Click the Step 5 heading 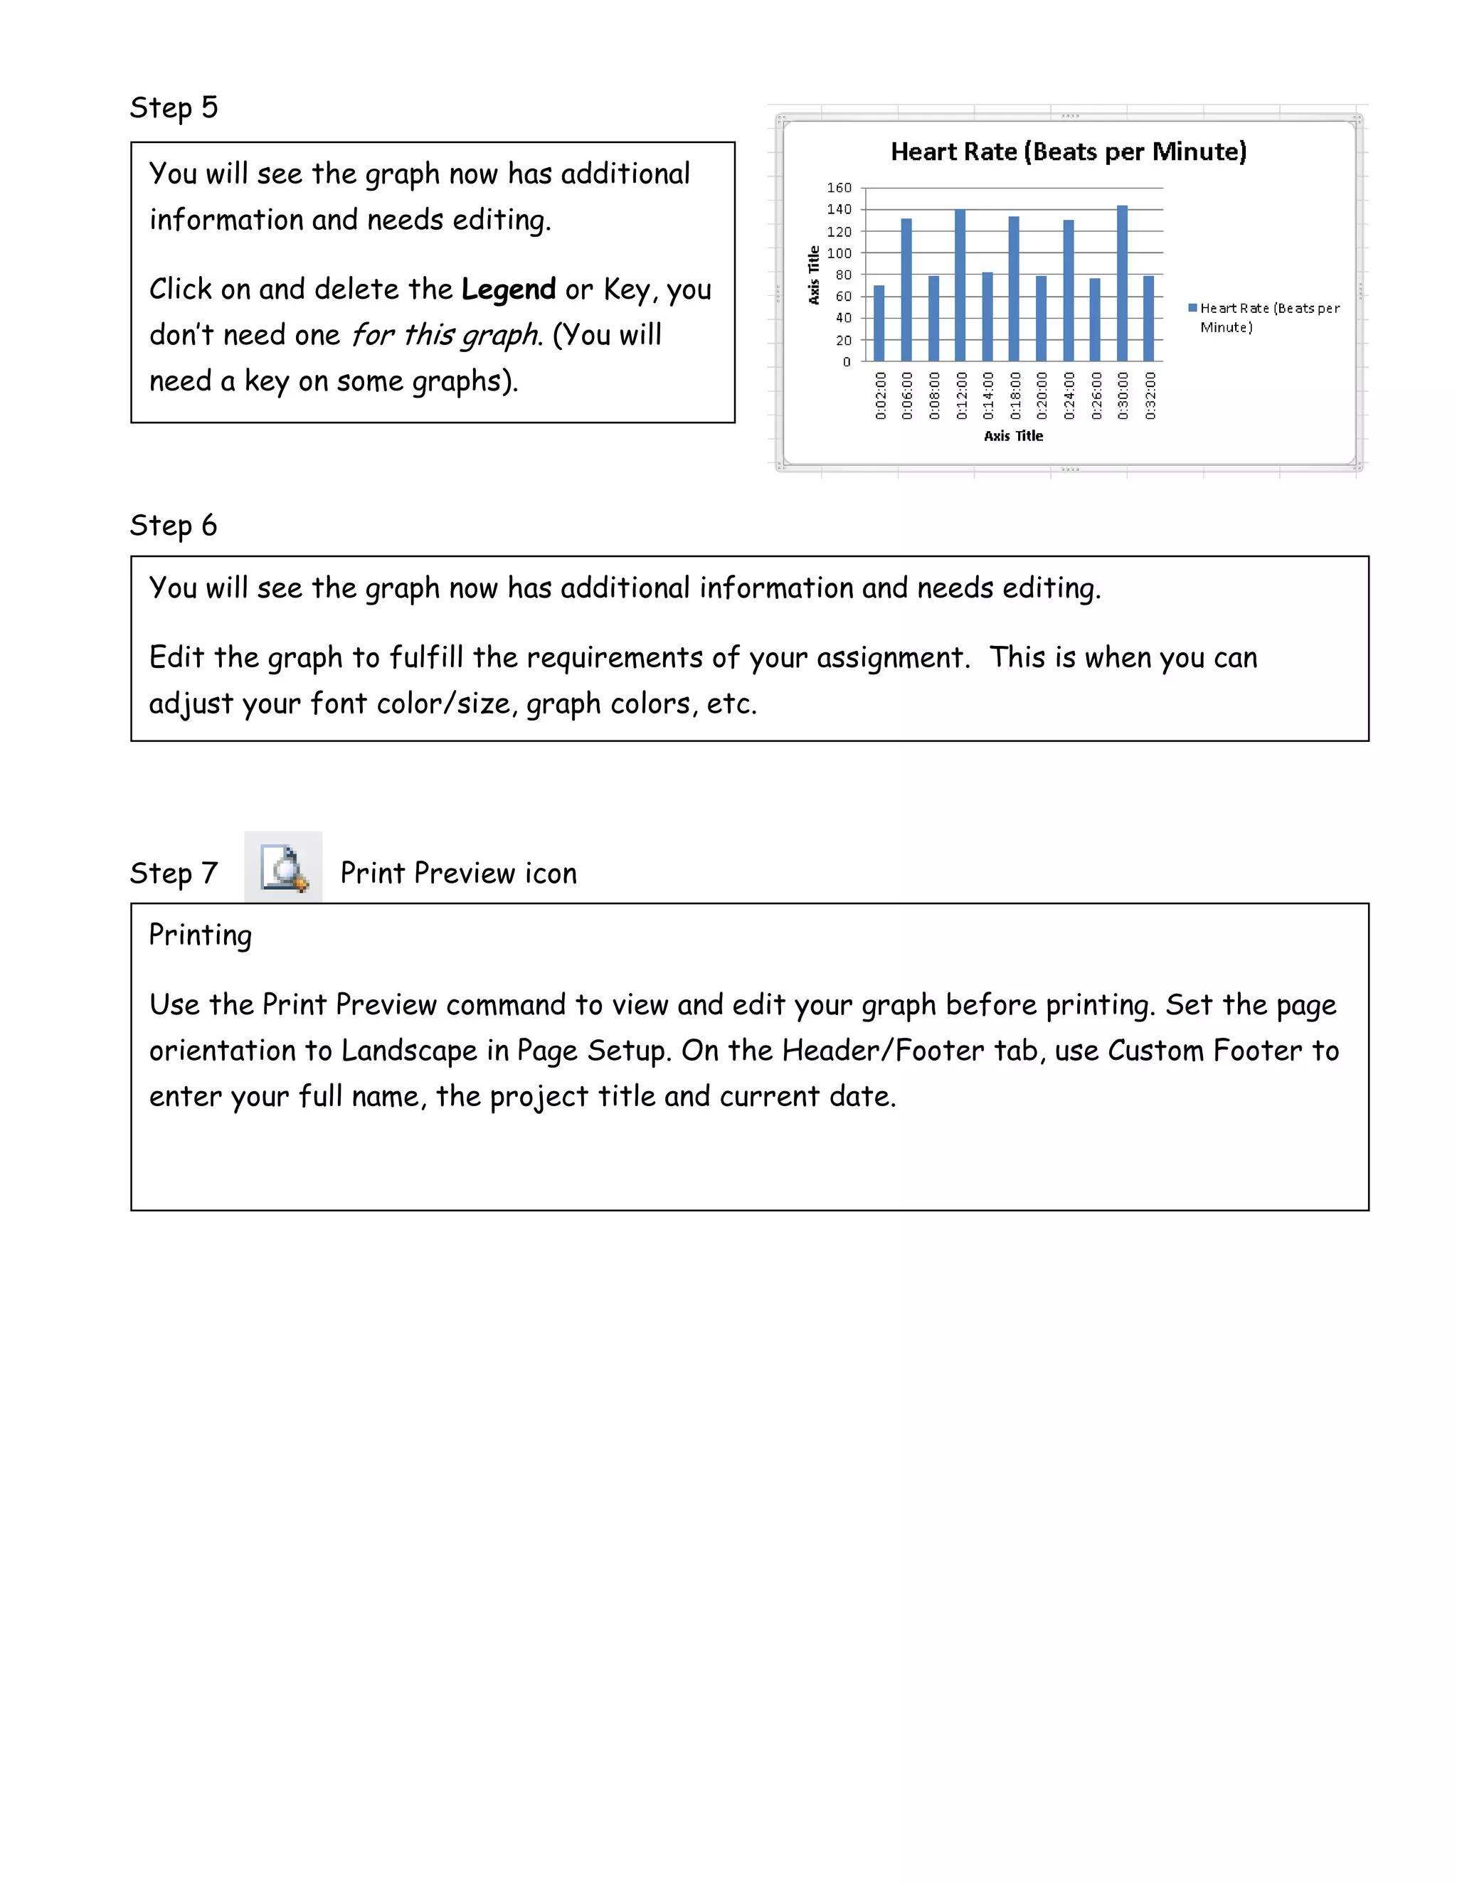(x=174, y=108)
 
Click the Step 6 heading (x=174, y=526)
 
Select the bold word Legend (x=509, y=289)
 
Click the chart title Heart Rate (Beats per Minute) (x=1069, y=152)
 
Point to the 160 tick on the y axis (x=838, y=187)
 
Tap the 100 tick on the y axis (x=838, y=253)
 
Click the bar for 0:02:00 (x=879, y=324)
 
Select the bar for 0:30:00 (x=1122, y=283)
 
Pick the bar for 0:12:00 (x=960, y=285)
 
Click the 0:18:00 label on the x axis (x=1015, y=396)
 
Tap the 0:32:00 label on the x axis (x=1150, y=396)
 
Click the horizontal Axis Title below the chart (x=1013, y=436)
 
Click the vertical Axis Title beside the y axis (x=813, y=275)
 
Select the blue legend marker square (x=1192, y=308)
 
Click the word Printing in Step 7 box (x=200, y=935)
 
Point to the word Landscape (x=409, y=1051)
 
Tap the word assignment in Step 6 (x=893, y=659)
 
